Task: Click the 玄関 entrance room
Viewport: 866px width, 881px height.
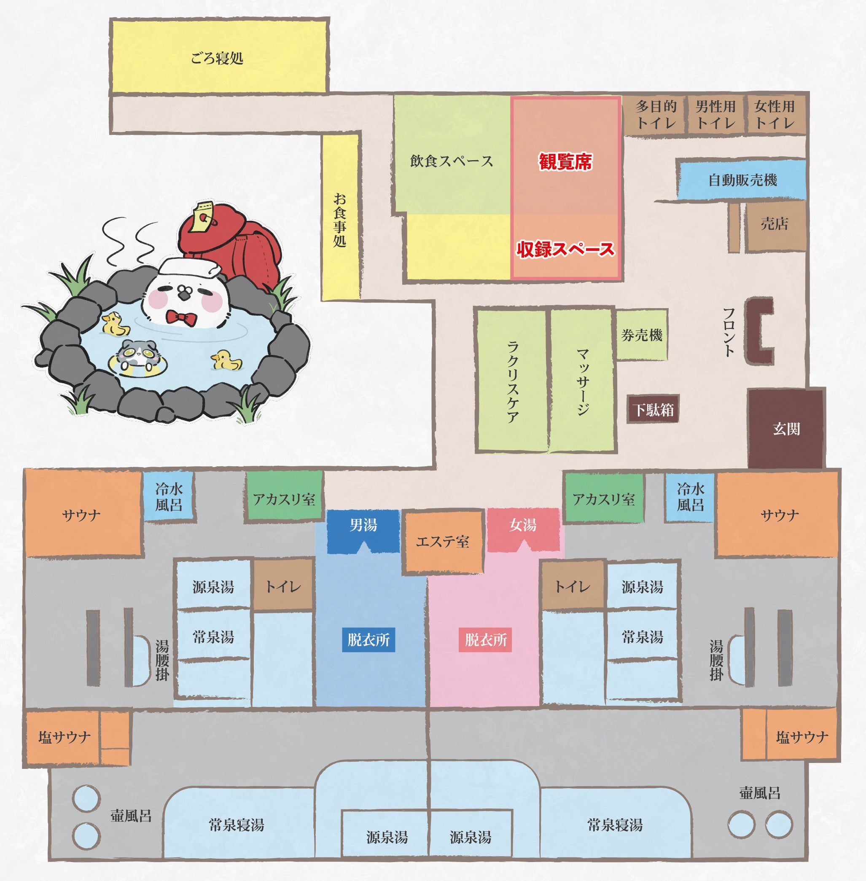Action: (786, 428)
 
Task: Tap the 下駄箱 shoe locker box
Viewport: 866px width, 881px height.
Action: (653, 409)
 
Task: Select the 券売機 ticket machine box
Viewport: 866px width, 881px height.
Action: (642, 335)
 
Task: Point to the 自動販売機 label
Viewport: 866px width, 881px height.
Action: (742, 180)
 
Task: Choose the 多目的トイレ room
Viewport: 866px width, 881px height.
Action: (656, 115)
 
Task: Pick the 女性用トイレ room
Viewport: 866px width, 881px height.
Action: (775, 115)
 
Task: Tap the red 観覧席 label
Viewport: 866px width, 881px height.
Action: (565, 162)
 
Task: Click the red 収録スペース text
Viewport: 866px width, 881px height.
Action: (565, 249)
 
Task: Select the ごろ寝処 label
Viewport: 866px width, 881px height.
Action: (218, 58)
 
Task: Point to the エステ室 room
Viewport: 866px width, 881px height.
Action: (443, 541)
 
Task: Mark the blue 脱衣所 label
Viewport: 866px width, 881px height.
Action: (368, 640)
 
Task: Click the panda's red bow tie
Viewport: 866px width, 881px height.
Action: (181, 317)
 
